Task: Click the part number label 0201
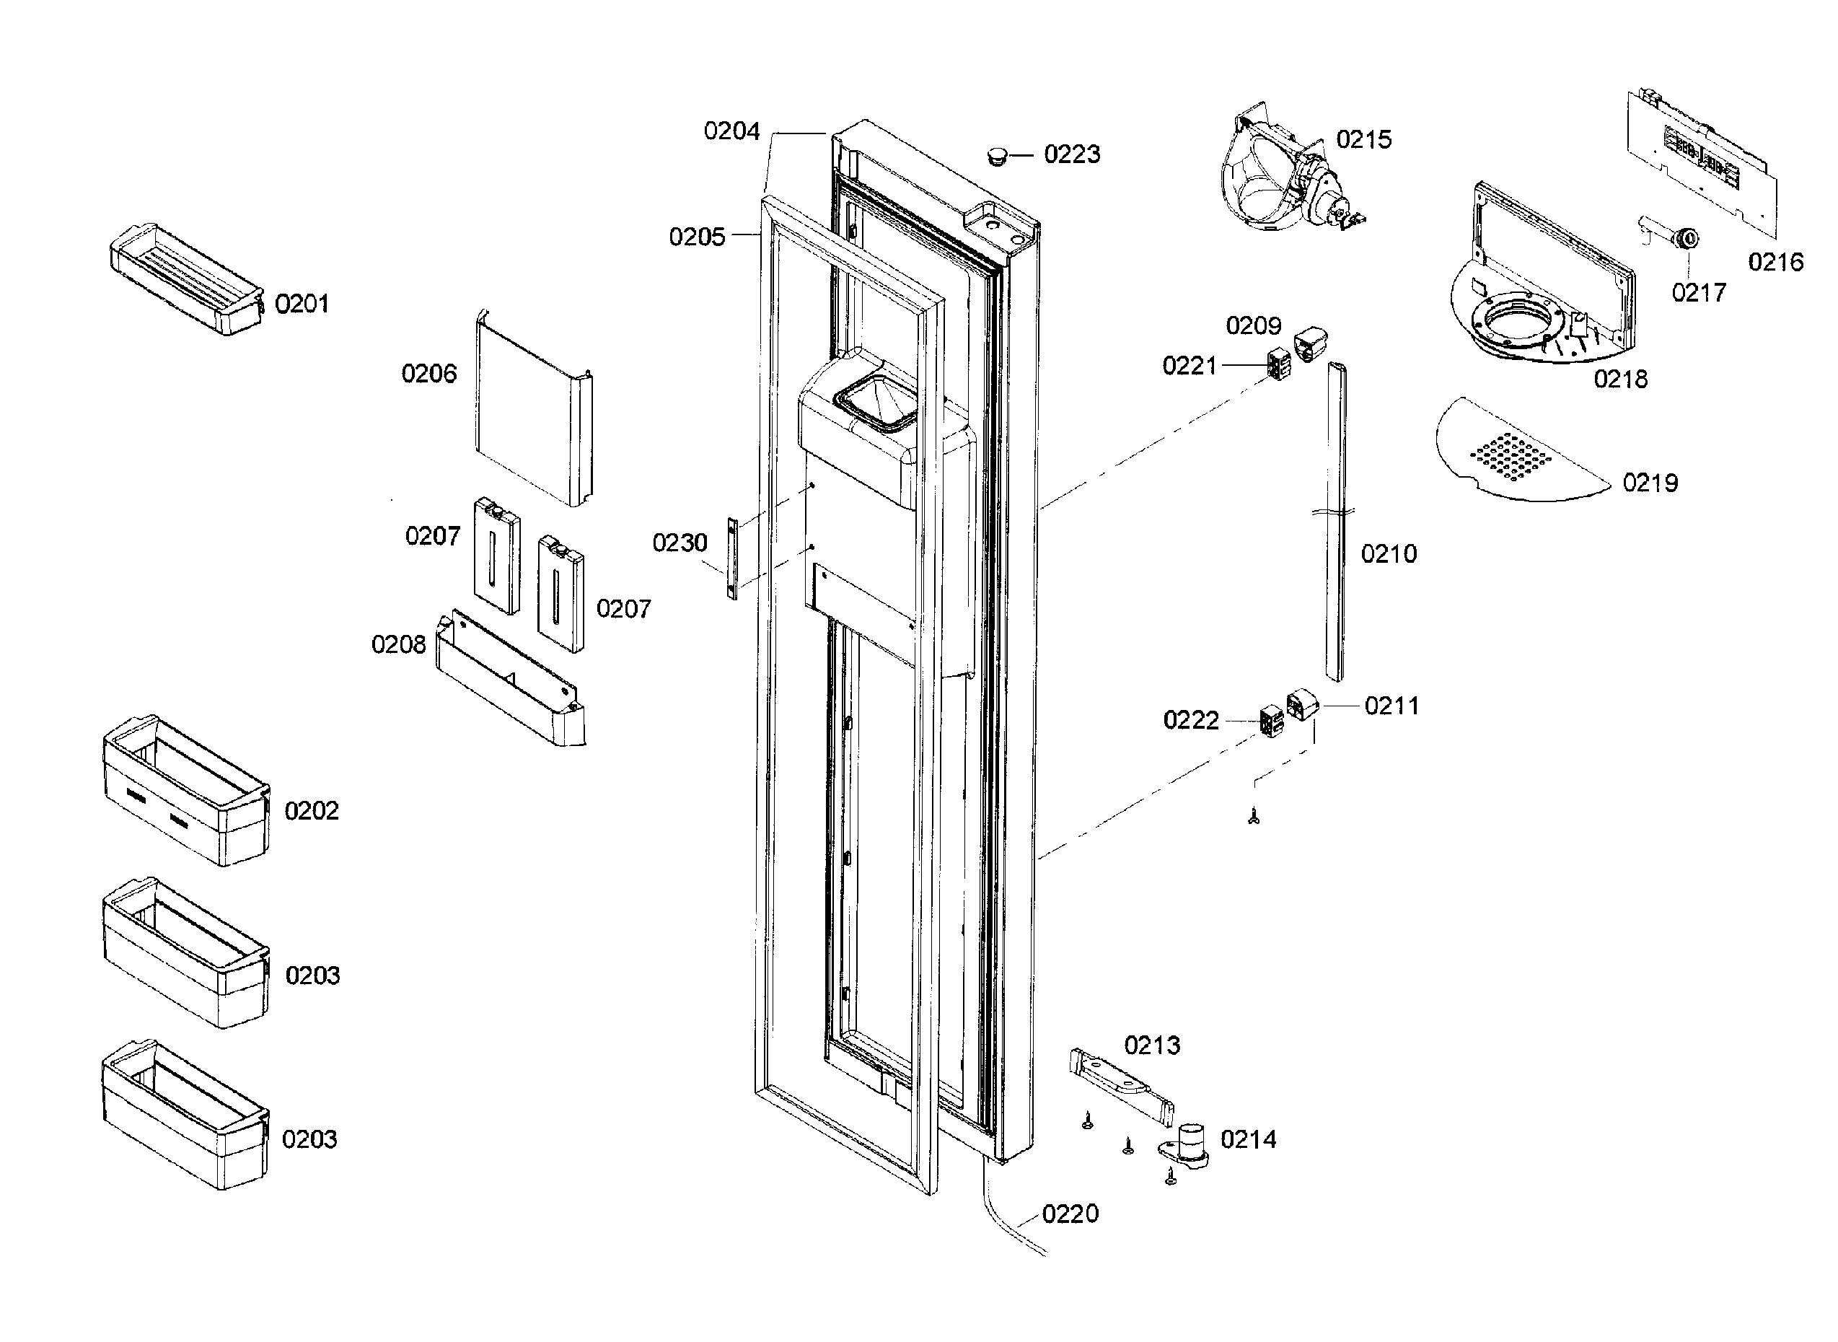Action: [302, 304]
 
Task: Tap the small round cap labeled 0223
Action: [997, 155]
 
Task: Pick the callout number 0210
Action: [1388, 554]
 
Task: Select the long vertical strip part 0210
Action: [1335, 520]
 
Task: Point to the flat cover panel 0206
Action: [532, 411]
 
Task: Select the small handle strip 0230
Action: [731, 558]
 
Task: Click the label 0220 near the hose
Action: [1070, 1214]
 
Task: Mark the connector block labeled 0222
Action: [1271, 720]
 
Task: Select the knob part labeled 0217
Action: [1686, 239]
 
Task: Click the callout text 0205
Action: [696, 237]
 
